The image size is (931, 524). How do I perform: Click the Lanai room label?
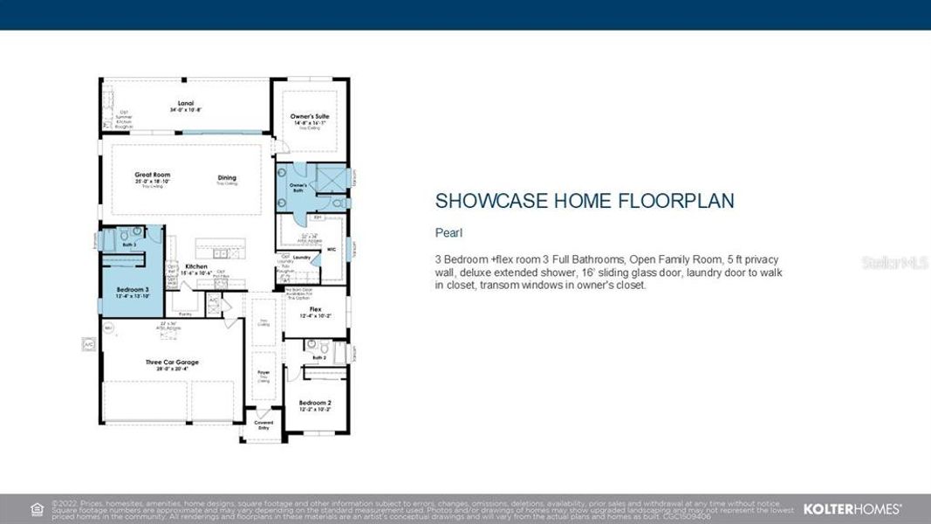coord(184,103)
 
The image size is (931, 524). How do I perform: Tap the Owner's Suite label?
coord(308,116)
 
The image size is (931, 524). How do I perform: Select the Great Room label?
coord(153,175)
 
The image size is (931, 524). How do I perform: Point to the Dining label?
coord(227,178)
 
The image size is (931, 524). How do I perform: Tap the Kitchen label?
coord(196,266)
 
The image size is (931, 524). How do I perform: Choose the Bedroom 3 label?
coord(133,289)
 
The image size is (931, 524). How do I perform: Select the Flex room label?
coord(315,309)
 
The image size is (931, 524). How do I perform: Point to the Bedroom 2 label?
coord(314,403)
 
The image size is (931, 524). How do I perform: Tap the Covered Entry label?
coord(264,424)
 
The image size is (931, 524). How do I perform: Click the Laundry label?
coord(302,257)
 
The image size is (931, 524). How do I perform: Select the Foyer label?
coord(264,373)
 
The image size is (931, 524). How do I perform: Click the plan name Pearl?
coord(448,233)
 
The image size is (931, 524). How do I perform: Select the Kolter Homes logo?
coord(852,508)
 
